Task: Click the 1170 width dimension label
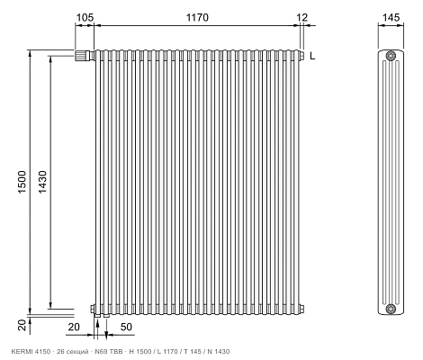pos(197,17)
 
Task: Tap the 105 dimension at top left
pos(85,17)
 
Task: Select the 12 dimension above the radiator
pos(302,17)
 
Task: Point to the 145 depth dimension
pos(391,17)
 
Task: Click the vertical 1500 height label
pos(22,182)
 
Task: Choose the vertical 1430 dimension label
pos(42,182)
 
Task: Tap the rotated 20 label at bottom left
pos(22,325)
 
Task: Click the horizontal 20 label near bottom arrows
pos(74,327)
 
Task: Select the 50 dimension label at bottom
pos(126,327)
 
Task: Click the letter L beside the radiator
pos(312,56)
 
